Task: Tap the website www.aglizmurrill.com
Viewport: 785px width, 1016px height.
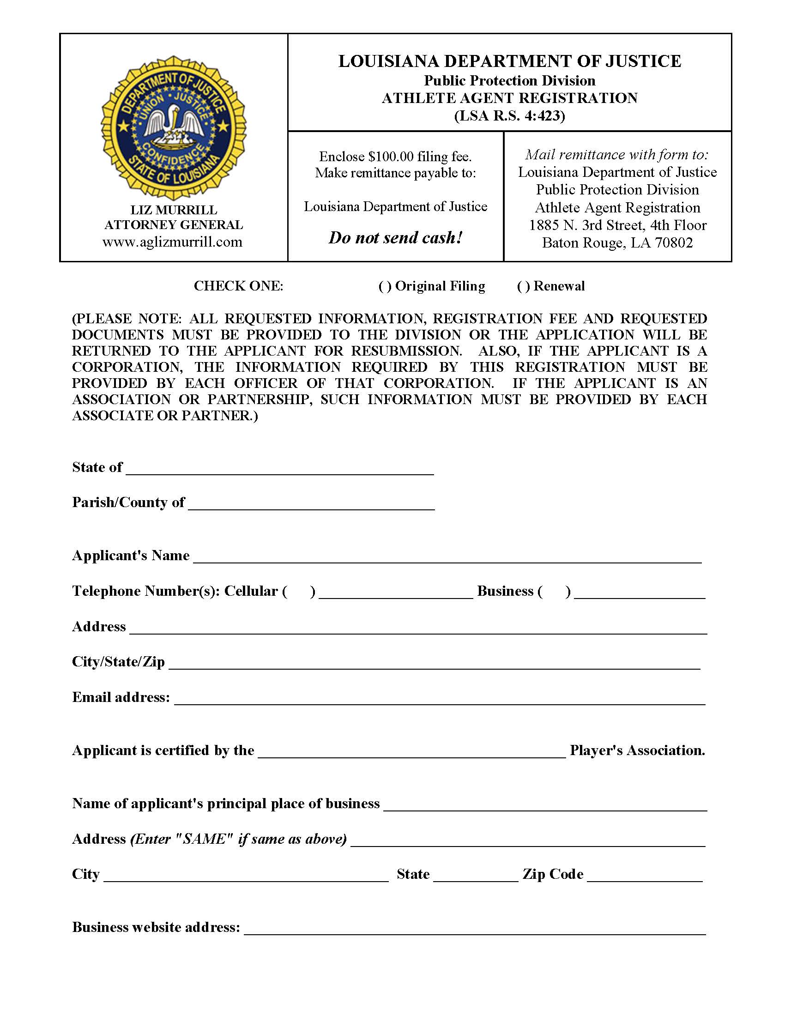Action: (x=173, y=242)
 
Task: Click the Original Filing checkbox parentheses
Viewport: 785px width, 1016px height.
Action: (x=385, y=287)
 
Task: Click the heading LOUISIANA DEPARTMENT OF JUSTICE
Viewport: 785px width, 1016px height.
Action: (x=509, y=61)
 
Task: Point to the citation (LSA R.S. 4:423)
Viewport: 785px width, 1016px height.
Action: (x=509, y=115)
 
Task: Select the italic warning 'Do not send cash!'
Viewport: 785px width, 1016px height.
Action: (x=395, y=238)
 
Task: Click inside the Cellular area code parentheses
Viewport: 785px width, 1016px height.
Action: (x=299, y=591)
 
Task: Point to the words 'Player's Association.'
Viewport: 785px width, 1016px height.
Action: (x=637, y=750)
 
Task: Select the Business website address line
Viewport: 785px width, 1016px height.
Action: (x=474, y=929)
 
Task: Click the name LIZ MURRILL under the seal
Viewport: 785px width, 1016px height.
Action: (x=173, y=210)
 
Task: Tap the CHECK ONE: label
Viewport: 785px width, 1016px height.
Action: (x=238, y=286)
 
